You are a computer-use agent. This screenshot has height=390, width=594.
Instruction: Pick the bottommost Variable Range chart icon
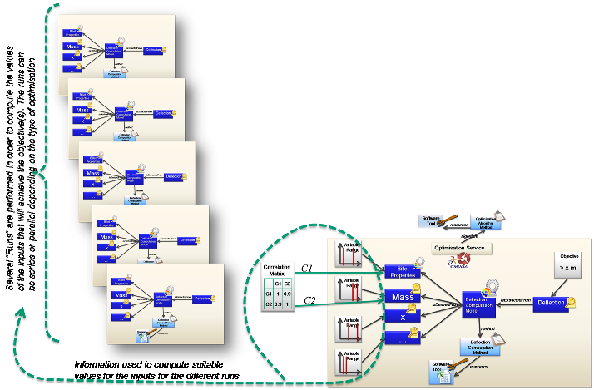[x=347, y=364]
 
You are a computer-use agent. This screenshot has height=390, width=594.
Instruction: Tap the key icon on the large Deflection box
[x=572, y=303]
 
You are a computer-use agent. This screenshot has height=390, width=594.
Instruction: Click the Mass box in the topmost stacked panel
[x=73, y=46]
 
